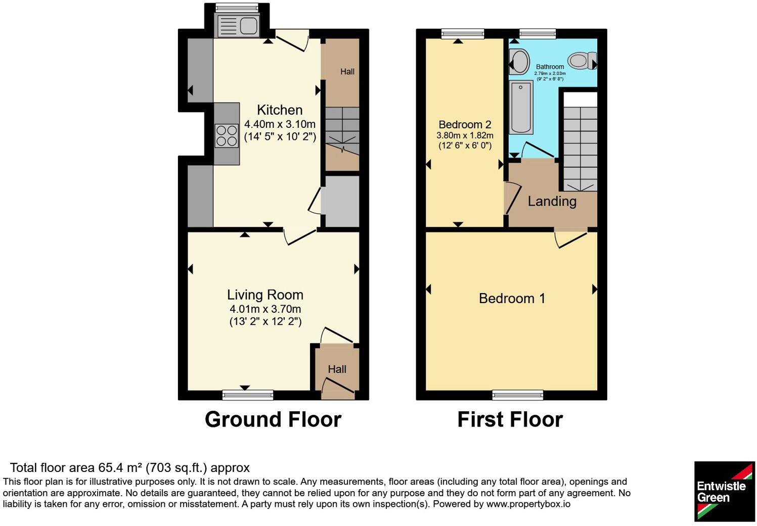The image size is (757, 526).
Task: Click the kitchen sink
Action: pos(238,26)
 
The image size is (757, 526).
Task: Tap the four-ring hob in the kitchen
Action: pos(227,136)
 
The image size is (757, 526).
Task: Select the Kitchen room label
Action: pos(280,110)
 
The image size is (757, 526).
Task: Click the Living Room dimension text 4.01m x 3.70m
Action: pos(265,309)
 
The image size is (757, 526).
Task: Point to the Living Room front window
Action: pos(248,395)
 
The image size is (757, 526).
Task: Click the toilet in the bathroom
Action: pos(583,61)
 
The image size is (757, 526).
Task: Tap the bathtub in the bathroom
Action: pos(521,107)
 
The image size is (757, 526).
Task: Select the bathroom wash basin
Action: pos(519,62)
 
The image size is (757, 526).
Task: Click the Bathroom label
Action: pos(550,67)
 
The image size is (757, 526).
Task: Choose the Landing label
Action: pos(552,202)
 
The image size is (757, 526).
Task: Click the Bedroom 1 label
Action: pos(512,299)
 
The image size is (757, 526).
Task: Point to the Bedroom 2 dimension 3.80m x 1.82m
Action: pos(465,136)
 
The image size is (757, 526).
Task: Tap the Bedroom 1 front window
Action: pos(517,395)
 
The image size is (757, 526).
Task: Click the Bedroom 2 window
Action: pos(463,33)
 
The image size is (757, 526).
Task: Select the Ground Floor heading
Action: pos(273,420)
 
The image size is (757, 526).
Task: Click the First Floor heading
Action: pos(510,420)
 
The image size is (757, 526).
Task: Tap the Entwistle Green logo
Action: pos(724,491)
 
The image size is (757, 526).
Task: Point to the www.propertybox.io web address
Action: pos(528,504)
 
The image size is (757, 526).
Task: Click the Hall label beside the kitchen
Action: pos(347,72)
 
